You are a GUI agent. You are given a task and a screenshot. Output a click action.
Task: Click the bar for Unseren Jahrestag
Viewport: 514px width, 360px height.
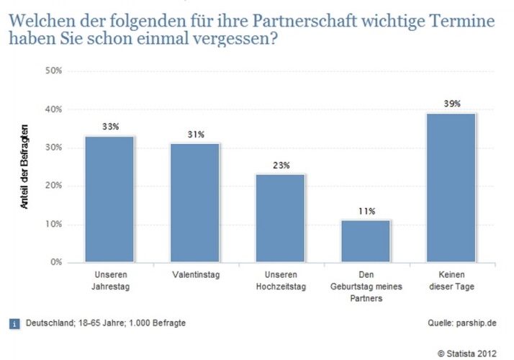pos(109,199)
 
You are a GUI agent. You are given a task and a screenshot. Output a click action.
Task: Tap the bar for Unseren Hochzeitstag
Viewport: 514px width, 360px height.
pos(280,217)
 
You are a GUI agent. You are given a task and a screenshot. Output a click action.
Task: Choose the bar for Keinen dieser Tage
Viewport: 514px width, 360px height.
pos(451,187)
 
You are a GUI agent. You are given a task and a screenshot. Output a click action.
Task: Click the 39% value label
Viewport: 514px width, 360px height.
pos(452,104)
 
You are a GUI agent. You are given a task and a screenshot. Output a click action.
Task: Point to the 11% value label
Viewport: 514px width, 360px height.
pos(366,211)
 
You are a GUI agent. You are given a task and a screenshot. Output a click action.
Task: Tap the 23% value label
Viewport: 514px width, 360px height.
pos(281,165)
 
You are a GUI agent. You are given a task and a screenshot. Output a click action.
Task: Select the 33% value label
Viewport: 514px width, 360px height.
pos(110,127)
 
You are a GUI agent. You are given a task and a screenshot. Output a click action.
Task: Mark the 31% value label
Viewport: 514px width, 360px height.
pos(196,134)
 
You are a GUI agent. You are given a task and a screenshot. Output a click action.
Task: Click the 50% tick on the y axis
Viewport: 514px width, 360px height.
pos(54,71)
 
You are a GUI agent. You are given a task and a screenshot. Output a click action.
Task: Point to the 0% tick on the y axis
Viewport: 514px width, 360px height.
pos(56,262)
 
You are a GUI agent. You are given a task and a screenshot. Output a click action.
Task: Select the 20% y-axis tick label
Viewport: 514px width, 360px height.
pos(54,186)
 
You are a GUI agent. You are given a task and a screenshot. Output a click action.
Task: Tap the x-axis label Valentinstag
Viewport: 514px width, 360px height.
pos(195,275)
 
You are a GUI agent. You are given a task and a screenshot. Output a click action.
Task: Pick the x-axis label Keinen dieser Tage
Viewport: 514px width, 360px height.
pos(451,280)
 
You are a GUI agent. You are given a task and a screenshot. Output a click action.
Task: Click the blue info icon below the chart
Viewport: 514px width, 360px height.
pos(14,323)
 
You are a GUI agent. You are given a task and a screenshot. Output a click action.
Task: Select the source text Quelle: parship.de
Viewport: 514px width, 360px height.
pos(461,323)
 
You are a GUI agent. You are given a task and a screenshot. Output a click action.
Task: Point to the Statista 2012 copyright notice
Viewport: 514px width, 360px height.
pos(466,351)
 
